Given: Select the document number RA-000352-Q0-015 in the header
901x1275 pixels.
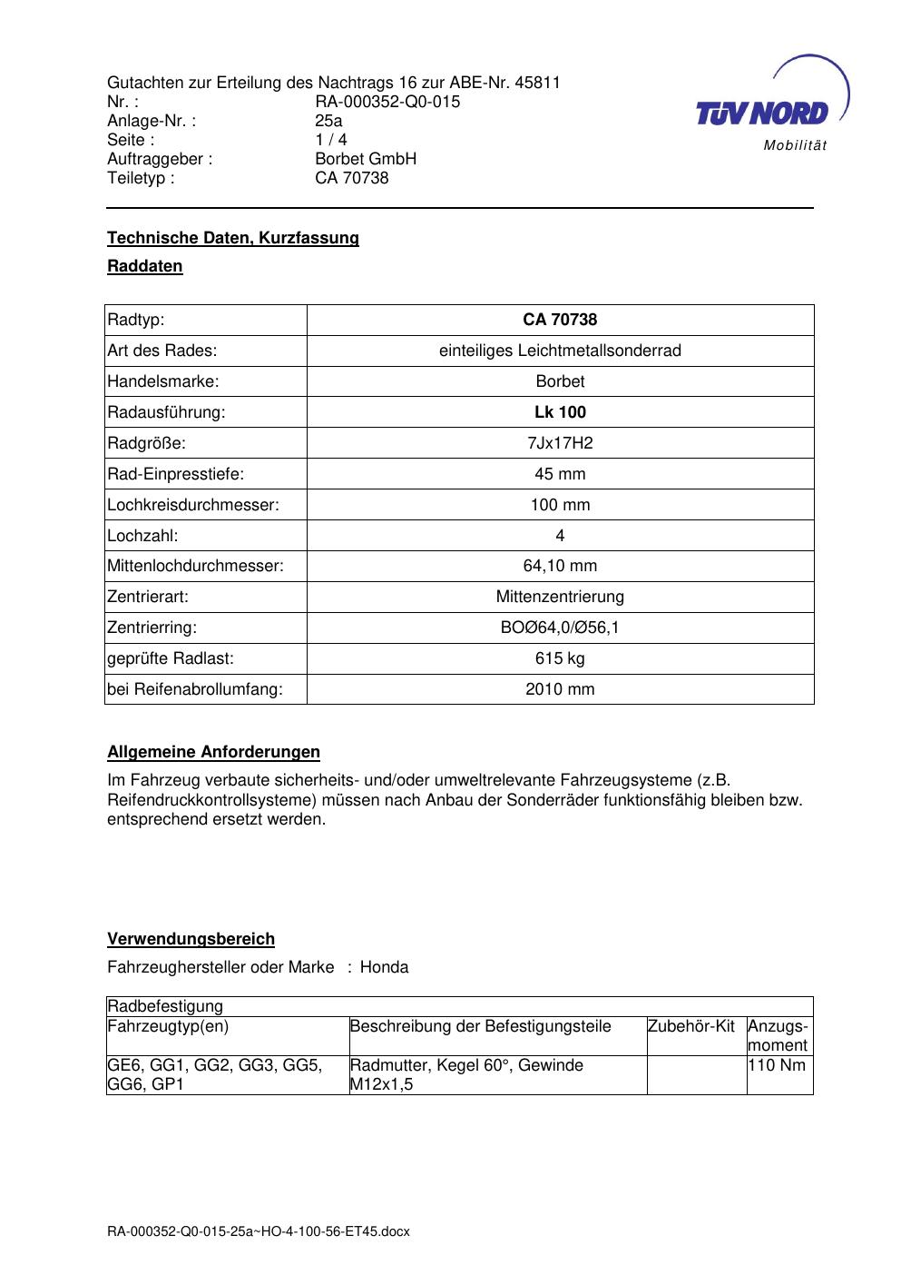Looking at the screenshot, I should tap(387, 102).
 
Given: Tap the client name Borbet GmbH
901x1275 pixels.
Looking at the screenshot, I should tap(366, 159).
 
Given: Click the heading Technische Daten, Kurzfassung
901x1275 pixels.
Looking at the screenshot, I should tap(233, 238).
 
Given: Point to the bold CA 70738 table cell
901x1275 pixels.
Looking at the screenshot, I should tap(560, 320).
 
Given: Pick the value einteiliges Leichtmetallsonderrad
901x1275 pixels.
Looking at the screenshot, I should tap(560, 351).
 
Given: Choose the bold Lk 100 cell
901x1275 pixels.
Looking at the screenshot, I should tap(560, 412).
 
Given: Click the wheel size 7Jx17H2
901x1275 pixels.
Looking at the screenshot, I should tap(560, 443).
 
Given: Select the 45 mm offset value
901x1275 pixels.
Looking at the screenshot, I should tap(560, 474).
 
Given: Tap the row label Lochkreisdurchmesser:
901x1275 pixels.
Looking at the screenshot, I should tap(193, 505).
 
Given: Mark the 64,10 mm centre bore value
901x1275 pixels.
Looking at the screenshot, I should tap(560, 566).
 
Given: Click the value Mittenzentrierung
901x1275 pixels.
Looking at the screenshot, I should tap(560, 597).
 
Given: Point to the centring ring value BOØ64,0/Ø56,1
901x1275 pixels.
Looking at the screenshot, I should tap(560, 628).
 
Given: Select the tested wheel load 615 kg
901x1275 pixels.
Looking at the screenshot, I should tap(560, 658).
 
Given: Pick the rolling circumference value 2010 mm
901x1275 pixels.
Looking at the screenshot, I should tap(560, 689).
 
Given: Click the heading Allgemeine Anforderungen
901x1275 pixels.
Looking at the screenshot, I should tap(214, 752).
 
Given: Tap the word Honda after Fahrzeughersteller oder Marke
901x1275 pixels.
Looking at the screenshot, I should tap(384, 967).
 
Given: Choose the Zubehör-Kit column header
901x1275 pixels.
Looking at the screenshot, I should tap(691, 1026).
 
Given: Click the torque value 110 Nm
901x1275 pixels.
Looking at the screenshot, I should tap(778, 1065).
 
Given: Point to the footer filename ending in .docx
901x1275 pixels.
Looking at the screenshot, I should tap(259, 1231).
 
